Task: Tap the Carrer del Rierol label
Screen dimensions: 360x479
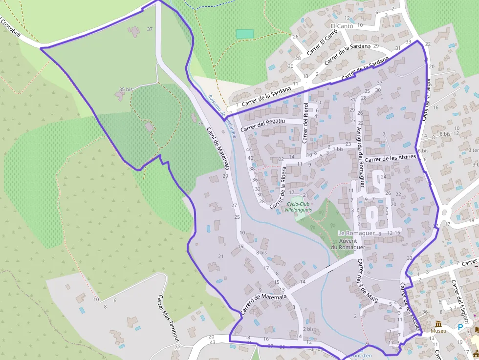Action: click(x=305, y=123)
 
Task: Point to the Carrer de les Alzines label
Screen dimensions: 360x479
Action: click(x=390, y=158)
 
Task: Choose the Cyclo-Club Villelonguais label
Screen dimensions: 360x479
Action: click(x=299, y=207)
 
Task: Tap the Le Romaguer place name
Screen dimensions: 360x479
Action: click(x=356, y=233)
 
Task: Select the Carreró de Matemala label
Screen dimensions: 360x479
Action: click(x=263, y=304)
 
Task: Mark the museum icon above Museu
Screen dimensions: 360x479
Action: click(x=438, y=323)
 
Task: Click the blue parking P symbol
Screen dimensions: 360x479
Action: click(x=460, y=327)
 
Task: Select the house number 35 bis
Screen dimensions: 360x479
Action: click(x=126, y=89)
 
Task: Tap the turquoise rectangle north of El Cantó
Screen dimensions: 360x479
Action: click(x=245, y=34)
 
